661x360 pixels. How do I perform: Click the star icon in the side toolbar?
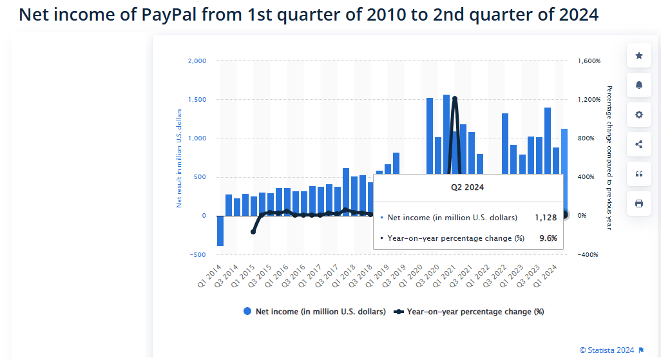(x=638, y=56)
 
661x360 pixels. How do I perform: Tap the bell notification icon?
(x=638, y=85)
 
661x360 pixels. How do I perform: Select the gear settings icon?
(x=638, y=115)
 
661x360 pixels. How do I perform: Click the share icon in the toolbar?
(x=638, y=144)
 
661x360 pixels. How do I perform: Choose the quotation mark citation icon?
(x=638, y=174)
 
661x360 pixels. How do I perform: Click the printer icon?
(x=638, y=204)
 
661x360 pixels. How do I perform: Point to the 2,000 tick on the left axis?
(x=196, y=61)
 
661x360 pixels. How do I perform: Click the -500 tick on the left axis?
(x=197, y=254)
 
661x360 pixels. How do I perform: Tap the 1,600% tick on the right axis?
(x=589, y=61)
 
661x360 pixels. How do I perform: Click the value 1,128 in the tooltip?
(x=545, y=218)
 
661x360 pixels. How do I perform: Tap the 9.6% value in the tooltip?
(x=548, y=238)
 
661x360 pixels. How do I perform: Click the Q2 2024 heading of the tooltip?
(x=467, y=187)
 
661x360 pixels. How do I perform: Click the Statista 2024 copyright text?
(x=607, y=350)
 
